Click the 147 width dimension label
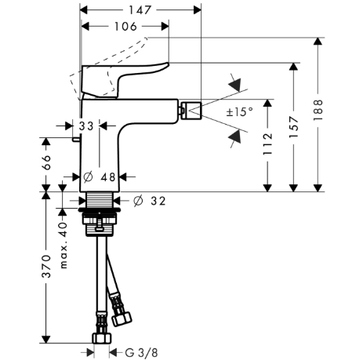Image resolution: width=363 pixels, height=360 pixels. [140, 10]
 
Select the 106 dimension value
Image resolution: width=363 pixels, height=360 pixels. [125, 27]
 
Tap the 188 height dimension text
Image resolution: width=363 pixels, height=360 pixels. [318, 110]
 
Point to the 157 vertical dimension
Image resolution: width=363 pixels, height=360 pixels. [294, 127]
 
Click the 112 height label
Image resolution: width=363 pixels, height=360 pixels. [267, 144]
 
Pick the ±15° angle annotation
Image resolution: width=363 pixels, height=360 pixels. [240, 112]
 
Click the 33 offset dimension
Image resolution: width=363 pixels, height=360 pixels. [86, 126]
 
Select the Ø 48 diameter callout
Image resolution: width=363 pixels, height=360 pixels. [100, 177]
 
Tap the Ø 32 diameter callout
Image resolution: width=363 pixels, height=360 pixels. [150, 201]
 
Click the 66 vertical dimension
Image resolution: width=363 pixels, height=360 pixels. [46, 162]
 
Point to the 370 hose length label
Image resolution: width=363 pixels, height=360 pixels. [46, 267]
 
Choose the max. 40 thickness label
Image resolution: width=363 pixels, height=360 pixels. [64, 245]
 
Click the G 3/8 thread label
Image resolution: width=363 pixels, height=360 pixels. [141, 353]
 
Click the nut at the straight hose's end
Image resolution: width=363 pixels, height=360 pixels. [102, 338]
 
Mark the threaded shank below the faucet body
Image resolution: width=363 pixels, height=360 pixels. [100, 200]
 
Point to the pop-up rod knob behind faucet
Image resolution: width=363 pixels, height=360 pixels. [76, 140]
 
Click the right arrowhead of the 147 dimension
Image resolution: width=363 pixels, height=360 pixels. [198, 10]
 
